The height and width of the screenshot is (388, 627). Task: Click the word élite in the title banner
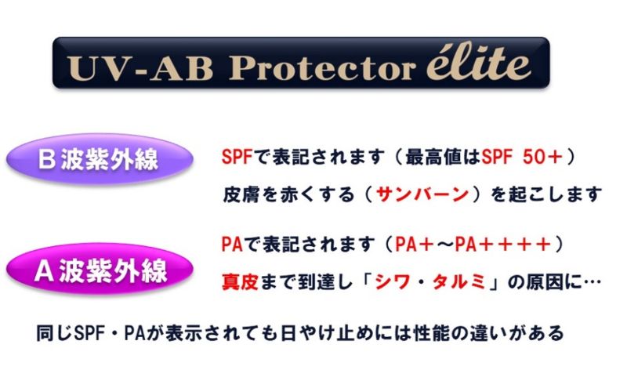(479, 65)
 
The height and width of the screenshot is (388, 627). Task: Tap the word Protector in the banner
(321, 67)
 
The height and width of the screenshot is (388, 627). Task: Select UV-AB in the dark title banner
(140, 68)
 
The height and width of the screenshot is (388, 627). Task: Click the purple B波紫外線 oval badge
(100, 159)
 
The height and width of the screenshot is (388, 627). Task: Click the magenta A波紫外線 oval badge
(100, 269)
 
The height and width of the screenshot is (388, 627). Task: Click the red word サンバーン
(423, 194)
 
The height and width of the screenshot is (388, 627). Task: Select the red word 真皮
(240, 282)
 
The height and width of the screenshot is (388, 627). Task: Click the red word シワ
(393, 282)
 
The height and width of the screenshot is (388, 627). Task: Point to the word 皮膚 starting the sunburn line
(241, 194)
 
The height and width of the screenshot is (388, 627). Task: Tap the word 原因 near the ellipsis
(543, 282)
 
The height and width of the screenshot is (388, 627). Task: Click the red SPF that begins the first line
(237, 157)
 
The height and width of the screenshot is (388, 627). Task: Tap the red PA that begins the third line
(232, 244)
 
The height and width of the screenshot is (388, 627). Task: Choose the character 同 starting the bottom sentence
(45, 333)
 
